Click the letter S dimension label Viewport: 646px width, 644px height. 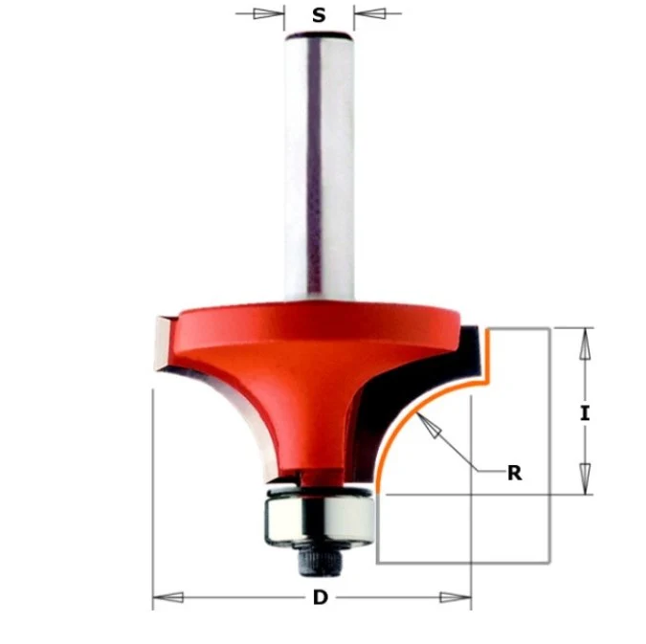click(319, 15)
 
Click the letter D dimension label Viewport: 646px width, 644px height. click(320, 597)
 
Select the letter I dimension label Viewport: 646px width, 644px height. click(585, 413)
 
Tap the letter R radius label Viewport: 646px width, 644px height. click(515, 473)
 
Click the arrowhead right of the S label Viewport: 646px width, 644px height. click(369, 13)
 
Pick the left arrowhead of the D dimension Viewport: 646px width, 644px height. click(168, 597)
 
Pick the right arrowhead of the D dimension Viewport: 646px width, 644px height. click(456, 597)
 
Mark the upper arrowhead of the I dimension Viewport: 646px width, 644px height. click(585, 344)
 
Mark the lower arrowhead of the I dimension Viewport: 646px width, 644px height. click(585, 478)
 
